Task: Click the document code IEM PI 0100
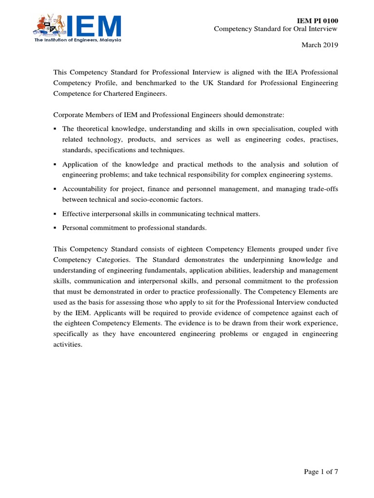[317, 20]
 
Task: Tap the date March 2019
[319, 45]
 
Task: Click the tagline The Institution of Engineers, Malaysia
[77, 40]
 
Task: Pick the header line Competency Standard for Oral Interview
[276, 29]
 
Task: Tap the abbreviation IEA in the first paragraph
[268, 72]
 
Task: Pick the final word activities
[68, 345]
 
